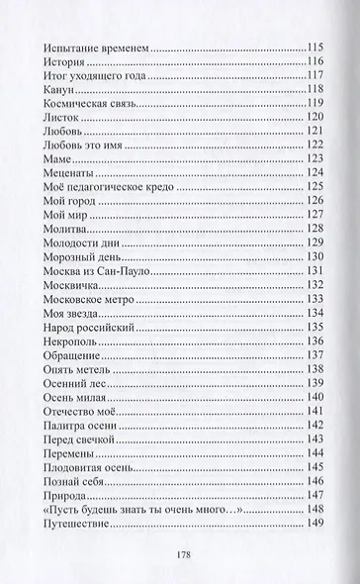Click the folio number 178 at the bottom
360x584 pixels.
tap(180, 556)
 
